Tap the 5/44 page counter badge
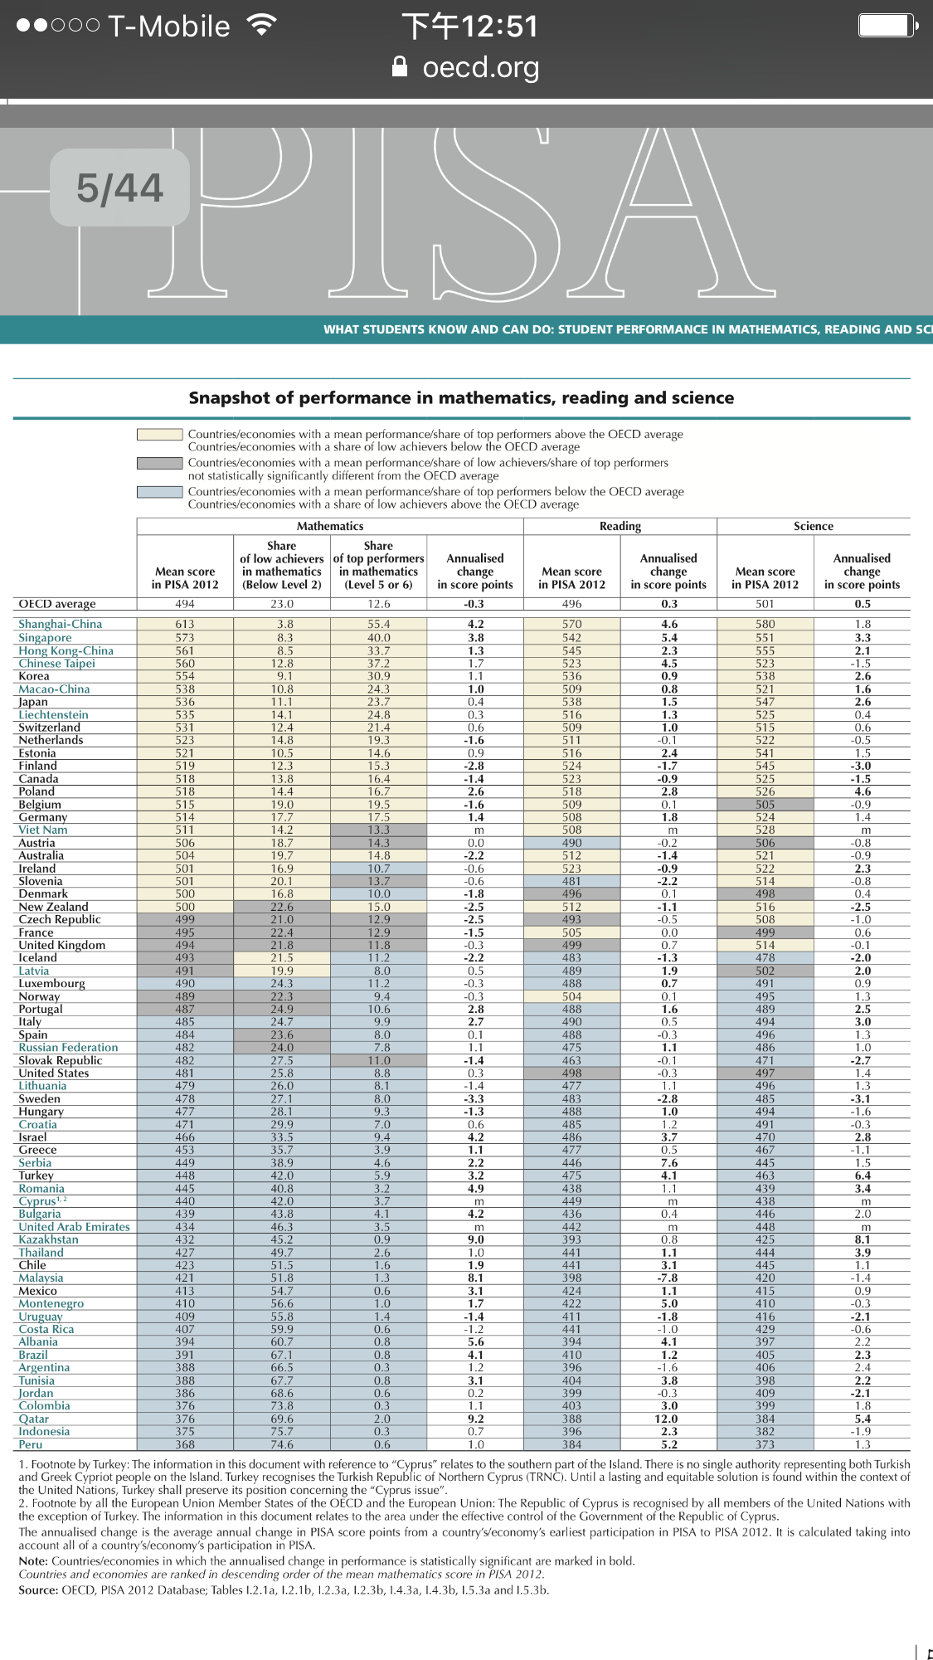(119, 187)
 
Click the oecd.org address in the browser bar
(480, 67)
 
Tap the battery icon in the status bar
(887, 26)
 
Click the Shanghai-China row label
(60, 624)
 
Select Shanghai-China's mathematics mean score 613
(185, 624)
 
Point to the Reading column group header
(620, 526)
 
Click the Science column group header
(813, 526)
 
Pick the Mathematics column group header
(330, 526)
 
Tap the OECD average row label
(57, 604)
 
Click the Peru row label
(31, 1444)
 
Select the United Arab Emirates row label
(74, 1227)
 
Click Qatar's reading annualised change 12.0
(668, 1419)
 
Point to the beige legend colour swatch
(159, 434)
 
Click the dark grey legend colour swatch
(159, 463)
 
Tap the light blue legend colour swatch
(159, 492)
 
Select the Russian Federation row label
(68, 1048)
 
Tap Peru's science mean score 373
(765, 1444)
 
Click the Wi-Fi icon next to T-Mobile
(261, 26)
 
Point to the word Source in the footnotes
(38, 1590)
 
